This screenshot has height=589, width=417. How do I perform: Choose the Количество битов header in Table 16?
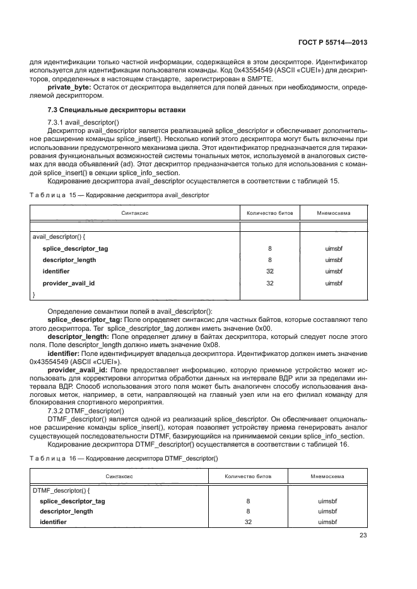(248, 477)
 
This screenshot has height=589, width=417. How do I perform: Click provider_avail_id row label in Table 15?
(68, 283)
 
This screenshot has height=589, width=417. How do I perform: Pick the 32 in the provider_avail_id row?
(270, 283)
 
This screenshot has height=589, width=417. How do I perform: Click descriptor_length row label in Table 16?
(66, 512)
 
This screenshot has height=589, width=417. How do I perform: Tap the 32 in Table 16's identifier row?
(248, 522)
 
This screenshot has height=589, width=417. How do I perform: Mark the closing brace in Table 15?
(33, 294)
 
